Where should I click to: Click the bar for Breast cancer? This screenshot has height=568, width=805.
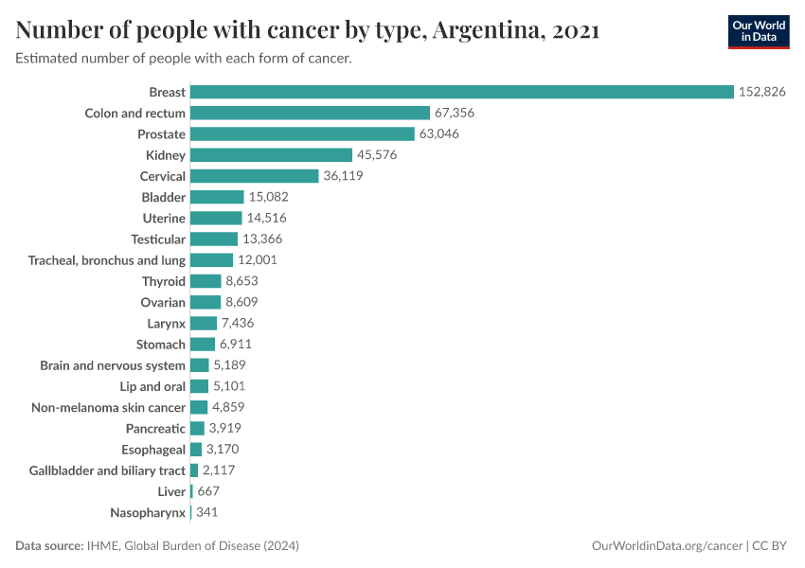(x=462, y=92)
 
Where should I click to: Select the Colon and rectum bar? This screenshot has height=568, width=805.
(x=310, y=113)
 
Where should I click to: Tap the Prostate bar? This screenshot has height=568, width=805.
(x=302, y=134)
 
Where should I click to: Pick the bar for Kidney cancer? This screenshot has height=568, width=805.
(x=271, y=155)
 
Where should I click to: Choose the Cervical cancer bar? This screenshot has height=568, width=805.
(x=254, y=176)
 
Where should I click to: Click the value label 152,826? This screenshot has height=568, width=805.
(x=762, y=92)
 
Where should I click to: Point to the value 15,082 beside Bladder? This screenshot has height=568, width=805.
(x=268, y=197)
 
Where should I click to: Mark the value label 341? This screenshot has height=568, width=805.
(x=207, y=512)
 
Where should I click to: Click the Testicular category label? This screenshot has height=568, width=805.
(x=158, y=239)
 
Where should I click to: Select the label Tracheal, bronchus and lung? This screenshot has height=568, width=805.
(x=107, y=260)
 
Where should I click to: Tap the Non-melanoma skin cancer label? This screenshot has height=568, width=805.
(x=109, y=407)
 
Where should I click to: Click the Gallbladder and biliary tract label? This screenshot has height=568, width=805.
(x=107, y=470)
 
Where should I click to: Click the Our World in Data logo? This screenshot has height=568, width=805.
(x=759, y=31)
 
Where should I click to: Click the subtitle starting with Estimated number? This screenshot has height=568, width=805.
(x=184, y=59)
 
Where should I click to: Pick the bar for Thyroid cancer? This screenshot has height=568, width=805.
(x=206, y=281)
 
